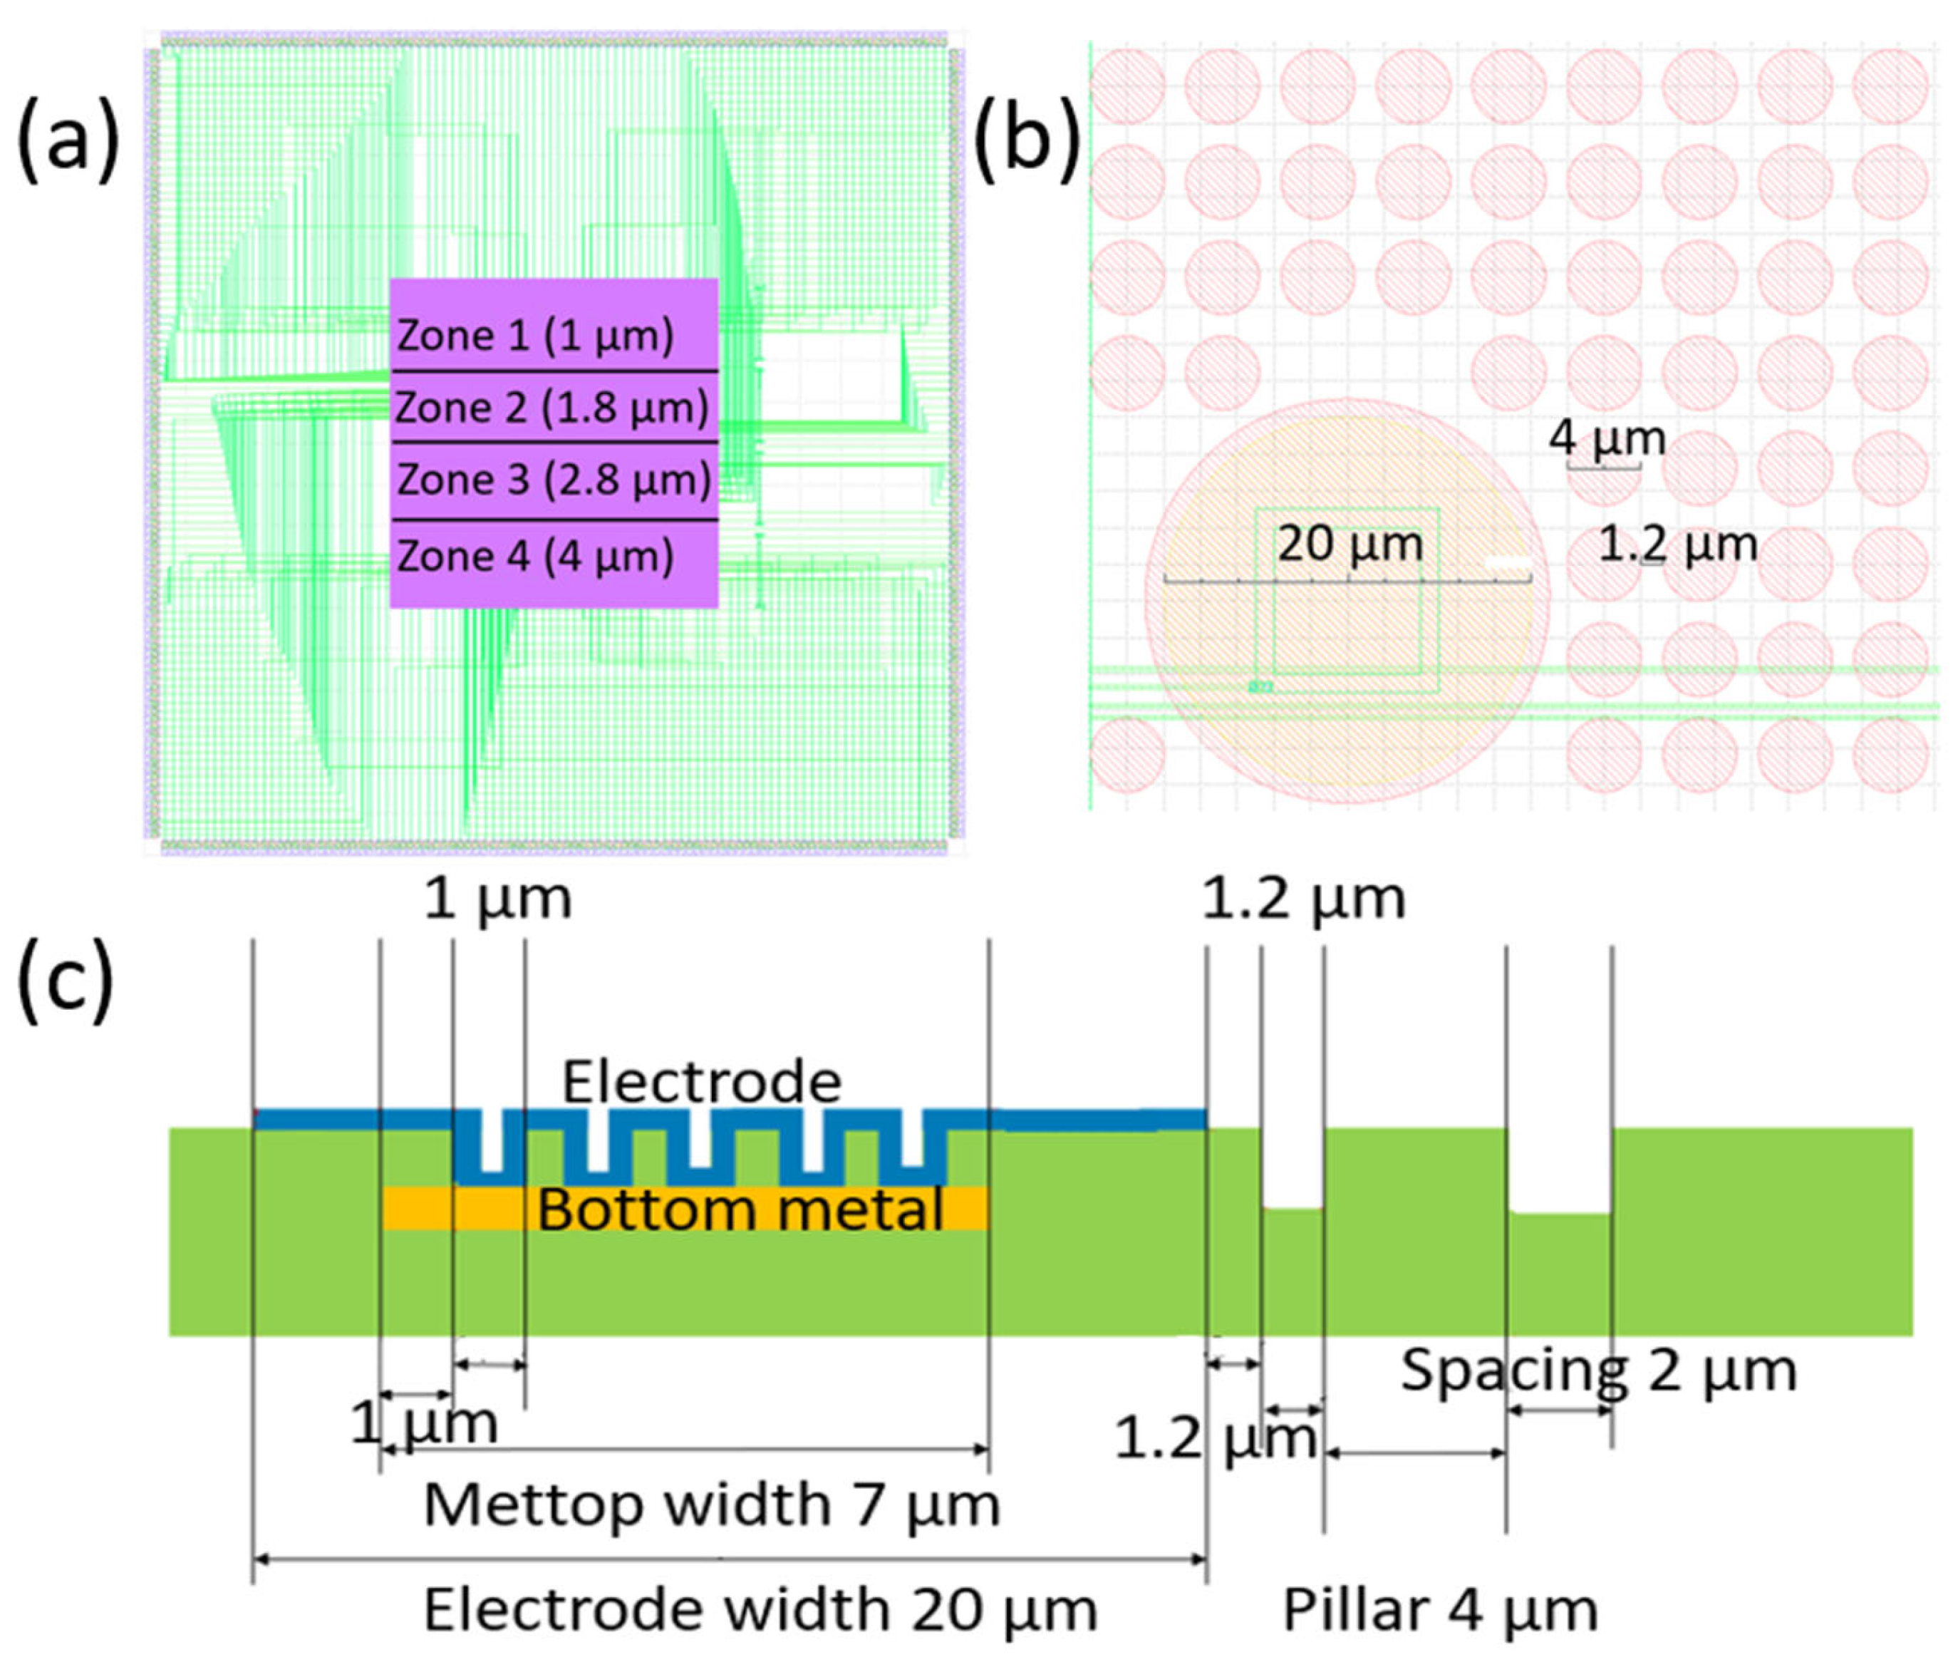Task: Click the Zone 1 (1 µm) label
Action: point(535,336)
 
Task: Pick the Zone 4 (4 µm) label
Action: point(535,556)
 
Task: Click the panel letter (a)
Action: point(68,142)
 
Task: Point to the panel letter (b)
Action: point(1027,142)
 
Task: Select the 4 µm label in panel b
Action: point(1607,438)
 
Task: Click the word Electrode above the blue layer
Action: point(701,1081)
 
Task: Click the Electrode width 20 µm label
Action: point(760,1609)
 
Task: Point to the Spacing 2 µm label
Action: point(1598,1370)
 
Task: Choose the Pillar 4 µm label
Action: point(1439,1609)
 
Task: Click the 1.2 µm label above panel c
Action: point(1303,898)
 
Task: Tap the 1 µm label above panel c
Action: point(497,898)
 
